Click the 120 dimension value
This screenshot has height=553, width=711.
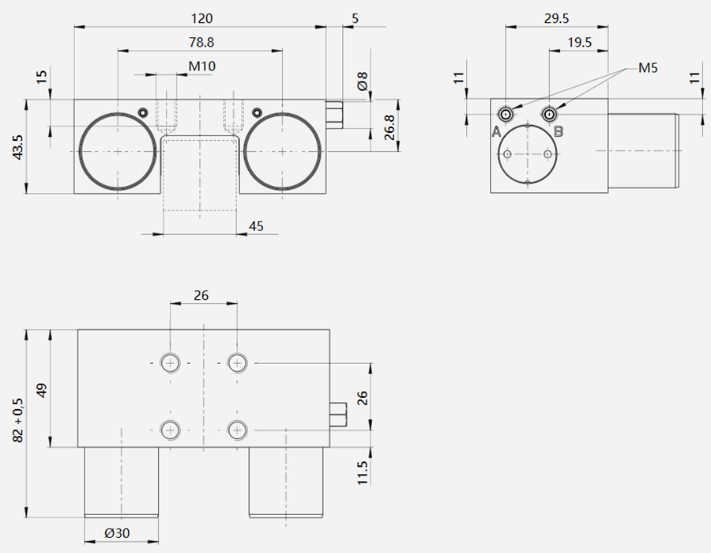(x=201, y=19)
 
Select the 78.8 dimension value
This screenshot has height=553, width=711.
(x=201, y=43)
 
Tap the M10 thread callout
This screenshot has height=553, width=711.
(x=201, y=66)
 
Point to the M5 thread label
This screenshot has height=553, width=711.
(x=648, y=68)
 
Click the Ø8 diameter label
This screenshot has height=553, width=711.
(x=363, y=81)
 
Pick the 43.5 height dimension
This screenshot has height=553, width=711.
(x=17, y=146)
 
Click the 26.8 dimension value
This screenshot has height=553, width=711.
(x=389, y=127)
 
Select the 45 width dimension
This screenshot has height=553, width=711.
(x=256, y=226)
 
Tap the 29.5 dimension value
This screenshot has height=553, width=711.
(x=556, y=19)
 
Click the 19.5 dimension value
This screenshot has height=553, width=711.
(x=580, y=43)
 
